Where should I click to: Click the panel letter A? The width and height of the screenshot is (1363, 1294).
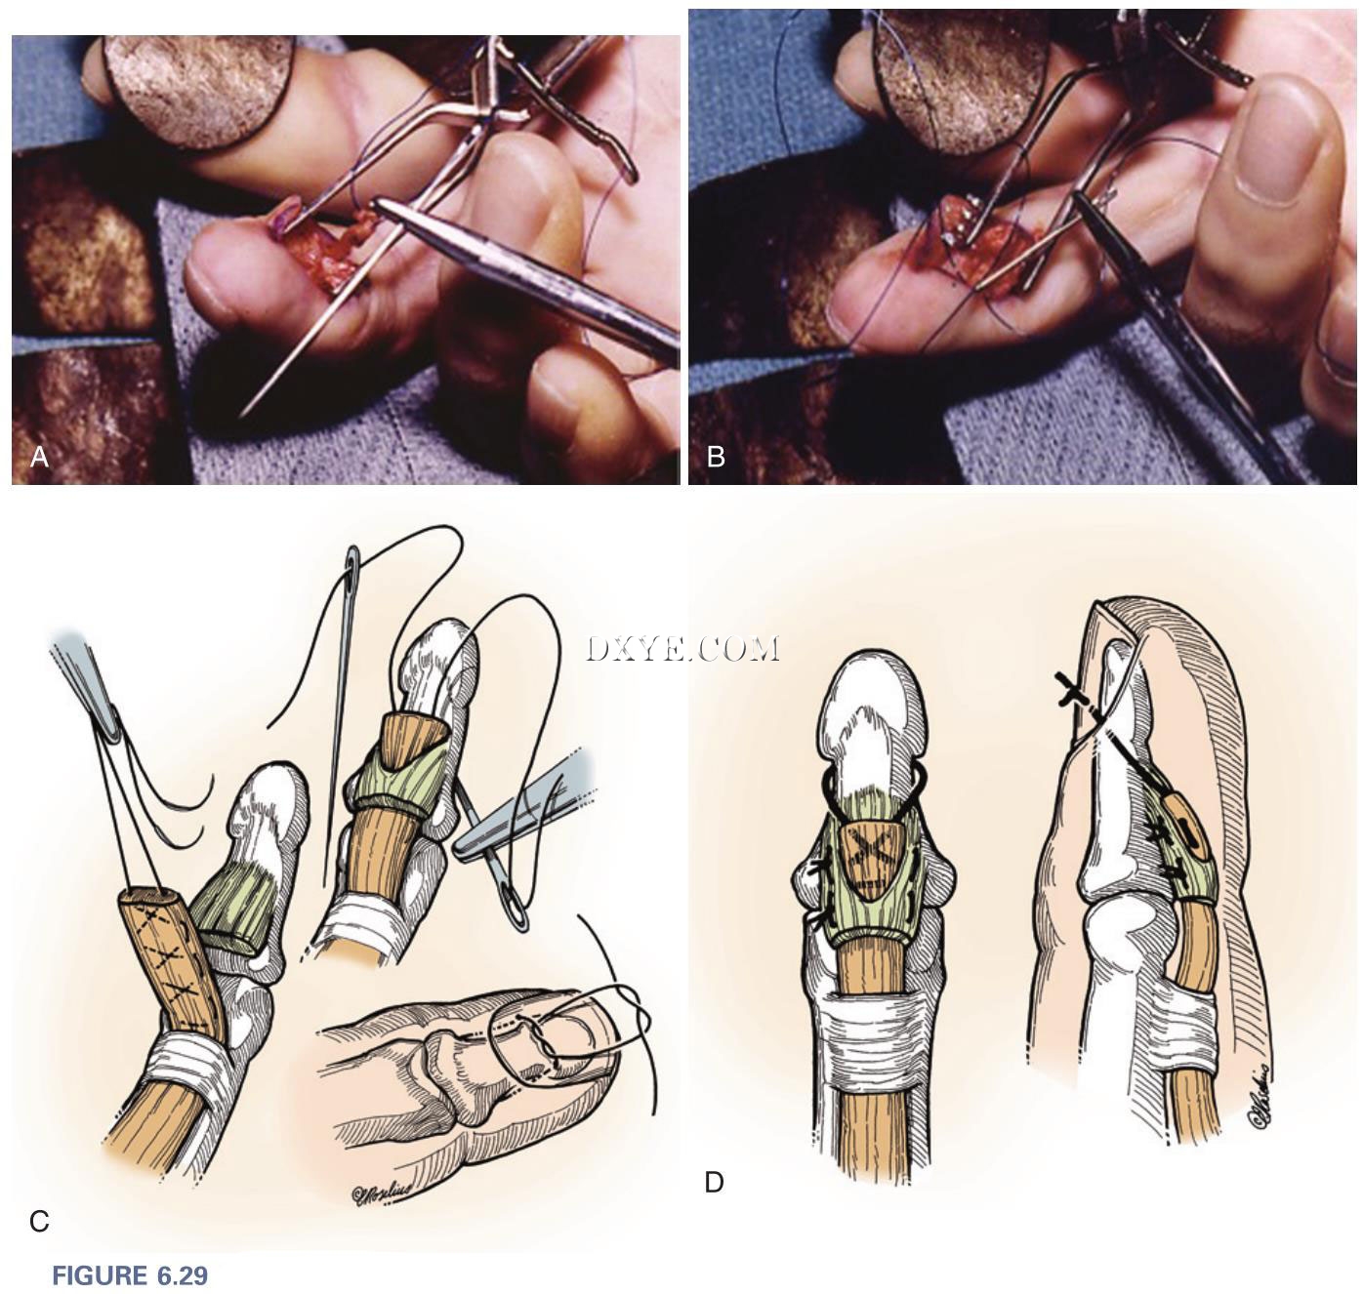point(39,457)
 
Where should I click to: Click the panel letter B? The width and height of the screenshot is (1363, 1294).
point(716,457)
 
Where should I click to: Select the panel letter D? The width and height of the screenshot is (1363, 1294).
point(714,1183)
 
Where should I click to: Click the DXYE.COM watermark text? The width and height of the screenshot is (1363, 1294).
point(682,649)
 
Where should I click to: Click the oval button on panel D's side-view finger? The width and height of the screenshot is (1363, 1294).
point(1187,829)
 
